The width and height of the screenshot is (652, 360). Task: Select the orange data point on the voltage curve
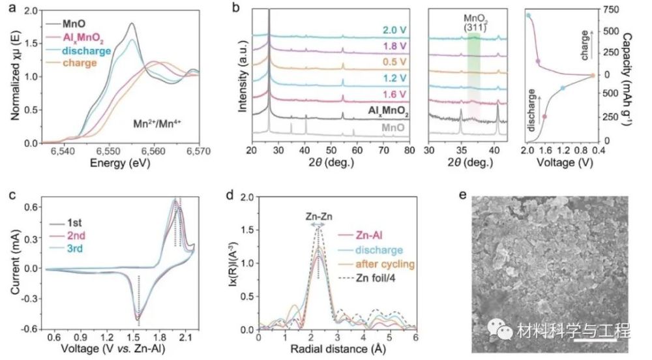[593, 75]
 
